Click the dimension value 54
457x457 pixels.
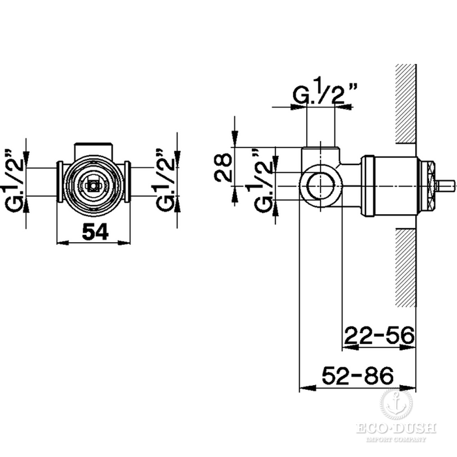pos(95,232)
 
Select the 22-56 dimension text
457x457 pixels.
pos(379,335)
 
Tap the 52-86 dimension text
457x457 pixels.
pos(358,375)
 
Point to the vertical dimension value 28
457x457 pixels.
pos(223,167)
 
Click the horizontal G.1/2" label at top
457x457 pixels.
pos(324,90)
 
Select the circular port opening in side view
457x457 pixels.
pos(321,185)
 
